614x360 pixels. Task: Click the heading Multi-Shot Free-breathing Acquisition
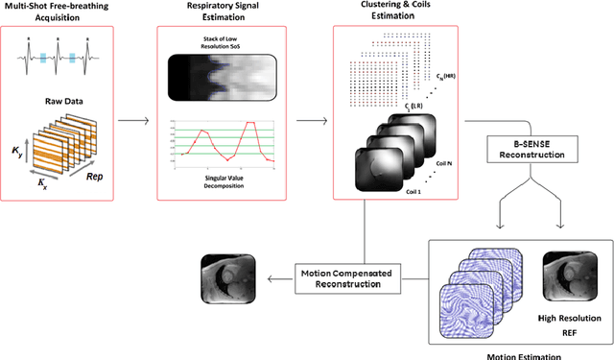(58, 17)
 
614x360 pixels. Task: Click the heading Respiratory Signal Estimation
(222, 17)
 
